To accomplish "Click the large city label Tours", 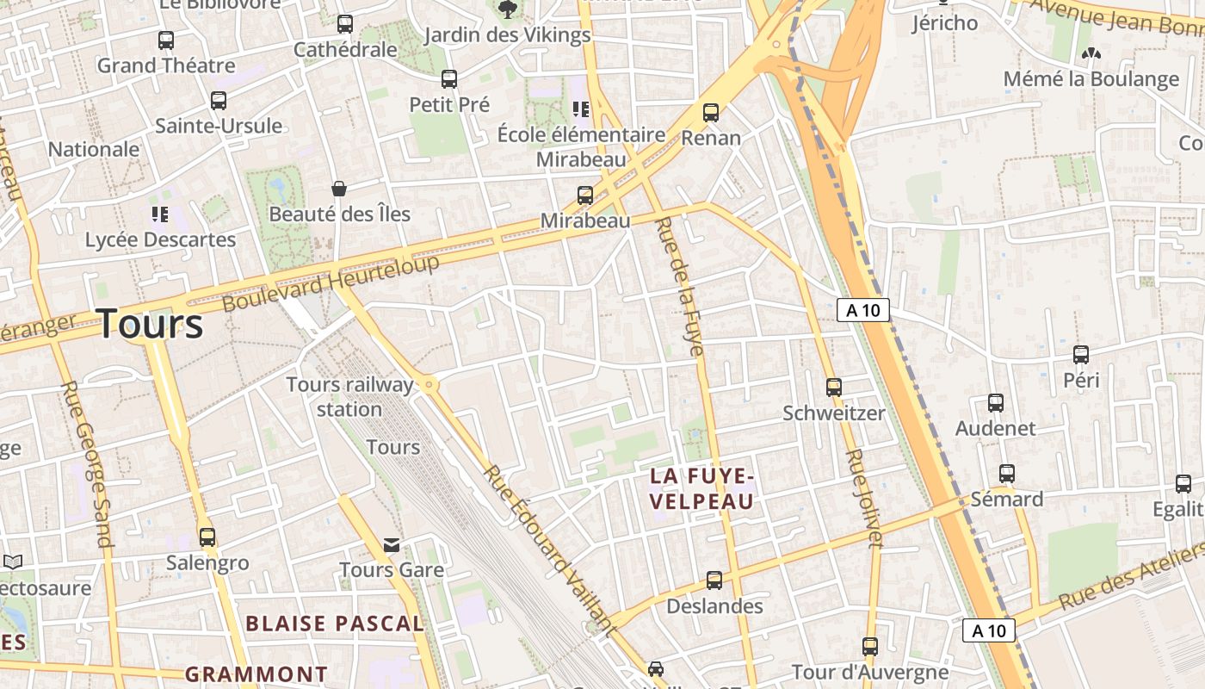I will (151, 325).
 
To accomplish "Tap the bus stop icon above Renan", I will (711, 113).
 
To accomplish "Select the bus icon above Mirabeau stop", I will (585, 196).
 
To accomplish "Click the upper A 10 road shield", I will (862, 310).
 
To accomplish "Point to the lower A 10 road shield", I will (988, 630).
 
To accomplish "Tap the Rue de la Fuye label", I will (679, 286).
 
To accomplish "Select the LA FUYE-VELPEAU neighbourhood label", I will (701, 488).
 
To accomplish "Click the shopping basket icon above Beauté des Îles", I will (339, 189).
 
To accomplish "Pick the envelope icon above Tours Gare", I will (392, 545).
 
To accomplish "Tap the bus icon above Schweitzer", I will (833, 388).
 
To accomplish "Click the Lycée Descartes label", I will (160, 239).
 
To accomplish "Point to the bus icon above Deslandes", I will (714, 580).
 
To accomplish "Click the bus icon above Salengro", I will (207, 537).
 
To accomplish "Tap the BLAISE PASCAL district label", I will (335, 624).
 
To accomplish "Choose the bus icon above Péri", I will (1081, 355).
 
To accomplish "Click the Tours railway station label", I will (349, 396).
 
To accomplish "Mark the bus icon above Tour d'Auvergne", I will (870, 647).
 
